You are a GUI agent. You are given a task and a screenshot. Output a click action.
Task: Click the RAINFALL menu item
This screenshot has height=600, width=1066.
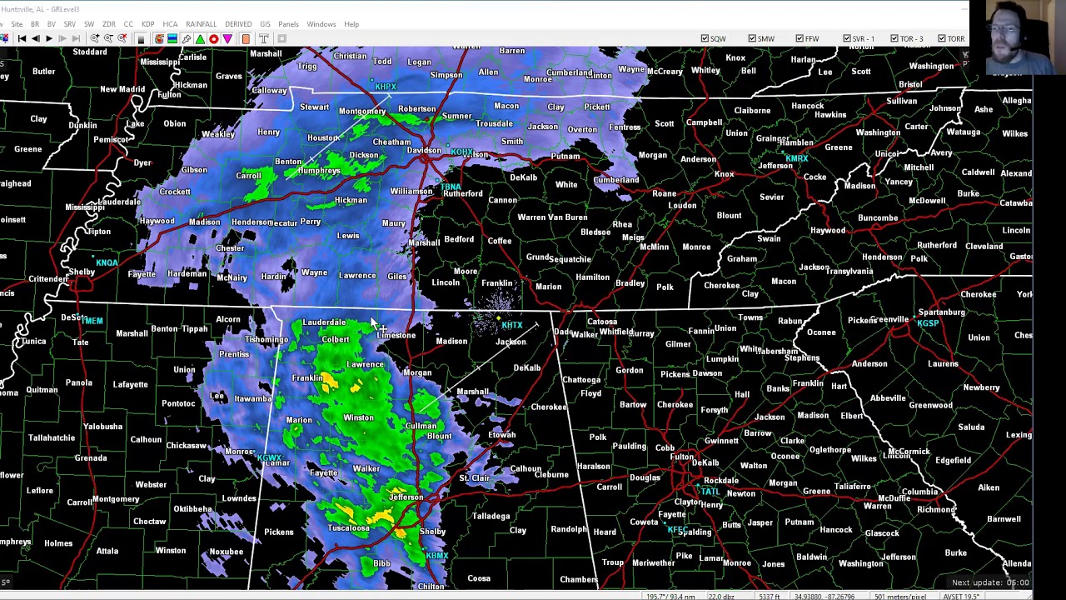point(201,24)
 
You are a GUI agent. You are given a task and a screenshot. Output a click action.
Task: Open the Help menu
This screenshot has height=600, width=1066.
point(351,24)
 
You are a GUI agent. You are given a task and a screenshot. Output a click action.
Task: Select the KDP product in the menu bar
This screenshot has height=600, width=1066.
point(147,24)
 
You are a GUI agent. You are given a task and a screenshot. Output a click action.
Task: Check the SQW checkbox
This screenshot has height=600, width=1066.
point(705,38)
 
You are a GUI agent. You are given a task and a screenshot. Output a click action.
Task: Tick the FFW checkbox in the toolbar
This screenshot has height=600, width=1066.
point(799,38)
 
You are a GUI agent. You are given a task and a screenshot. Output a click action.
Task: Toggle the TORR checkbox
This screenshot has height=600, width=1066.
point(942,38)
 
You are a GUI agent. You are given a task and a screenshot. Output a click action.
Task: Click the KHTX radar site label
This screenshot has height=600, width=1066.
point(512,326)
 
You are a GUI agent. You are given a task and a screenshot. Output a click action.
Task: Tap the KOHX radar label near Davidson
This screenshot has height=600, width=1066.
point(461,152)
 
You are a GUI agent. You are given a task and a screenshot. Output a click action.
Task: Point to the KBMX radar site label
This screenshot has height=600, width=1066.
point(437,556)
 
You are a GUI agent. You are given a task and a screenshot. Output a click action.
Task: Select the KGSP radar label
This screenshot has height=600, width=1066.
point(928,323)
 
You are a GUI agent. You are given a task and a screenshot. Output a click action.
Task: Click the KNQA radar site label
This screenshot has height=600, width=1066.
point(107,263)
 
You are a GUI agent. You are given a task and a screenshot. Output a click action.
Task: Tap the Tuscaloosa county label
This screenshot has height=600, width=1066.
point(348,528)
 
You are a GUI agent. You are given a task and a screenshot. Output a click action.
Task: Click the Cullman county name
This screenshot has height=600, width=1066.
point(421,426)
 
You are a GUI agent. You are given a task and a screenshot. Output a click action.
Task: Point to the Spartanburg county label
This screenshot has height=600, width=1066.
point(941,312)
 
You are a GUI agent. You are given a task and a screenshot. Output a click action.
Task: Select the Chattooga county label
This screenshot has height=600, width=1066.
point(581,380)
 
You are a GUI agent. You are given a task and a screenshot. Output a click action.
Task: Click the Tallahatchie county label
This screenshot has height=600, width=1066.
point(52,437)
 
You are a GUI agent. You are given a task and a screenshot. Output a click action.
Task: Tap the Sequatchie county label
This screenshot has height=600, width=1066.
point(570,259)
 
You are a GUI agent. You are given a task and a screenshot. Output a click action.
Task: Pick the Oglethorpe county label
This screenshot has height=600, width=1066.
point(829,450)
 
